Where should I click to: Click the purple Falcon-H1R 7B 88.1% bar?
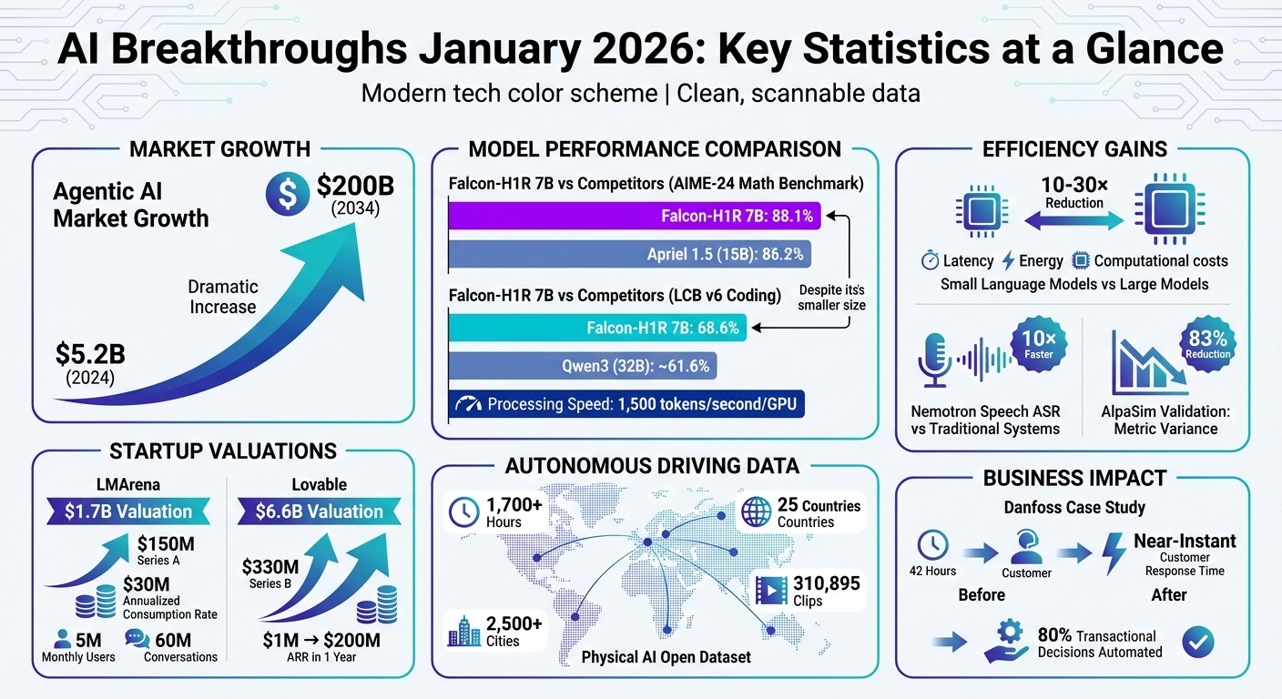coord(634,216)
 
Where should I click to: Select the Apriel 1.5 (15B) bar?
coord(629,254)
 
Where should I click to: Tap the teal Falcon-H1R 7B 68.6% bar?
coord(597,328)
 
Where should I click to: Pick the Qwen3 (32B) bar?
coord(583,366)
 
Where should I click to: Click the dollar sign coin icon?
coord(288,194)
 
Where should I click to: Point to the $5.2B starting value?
coord(90,354)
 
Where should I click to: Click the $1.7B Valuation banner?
coord(128,512)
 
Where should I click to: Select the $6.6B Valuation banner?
coord(320,512)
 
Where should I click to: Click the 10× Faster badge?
coord(1039,344)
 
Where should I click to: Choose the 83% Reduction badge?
coord(1207,344)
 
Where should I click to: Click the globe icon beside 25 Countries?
coord(757,512)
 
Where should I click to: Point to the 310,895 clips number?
coord(827,583)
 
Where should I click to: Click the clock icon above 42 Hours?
coord(933,544)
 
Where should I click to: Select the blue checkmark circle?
coord(1198,642)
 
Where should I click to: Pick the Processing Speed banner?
coord(626,404)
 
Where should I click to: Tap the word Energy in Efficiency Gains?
coord(1041,261)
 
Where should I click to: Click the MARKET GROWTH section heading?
coord(219,148)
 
